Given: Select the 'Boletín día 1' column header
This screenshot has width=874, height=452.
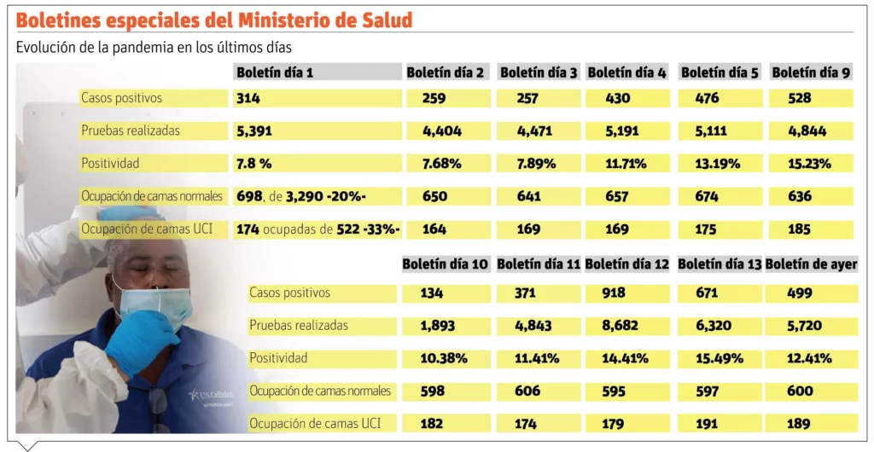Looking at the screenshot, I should click(275, 72).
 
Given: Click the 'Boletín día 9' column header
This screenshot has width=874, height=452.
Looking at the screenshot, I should click(811, 72).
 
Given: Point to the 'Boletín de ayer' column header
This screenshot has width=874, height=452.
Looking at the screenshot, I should click(811, 264).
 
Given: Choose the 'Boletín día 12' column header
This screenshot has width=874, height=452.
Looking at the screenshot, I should click(627, 264).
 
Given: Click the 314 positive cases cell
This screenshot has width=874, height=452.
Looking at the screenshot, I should click(248, 98).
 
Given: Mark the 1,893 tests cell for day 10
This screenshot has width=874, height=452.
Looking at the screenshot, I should click(438, 326).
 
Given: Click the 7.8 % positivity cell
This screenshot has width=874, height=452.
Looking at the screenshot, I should click(253, 164).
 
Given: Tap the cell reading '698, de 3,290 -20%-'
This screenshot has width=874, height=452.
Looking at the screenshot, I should click(301, 196).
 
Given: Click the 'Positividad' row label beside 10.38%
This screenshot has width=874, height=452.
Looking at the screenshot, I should click(278, 358).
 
